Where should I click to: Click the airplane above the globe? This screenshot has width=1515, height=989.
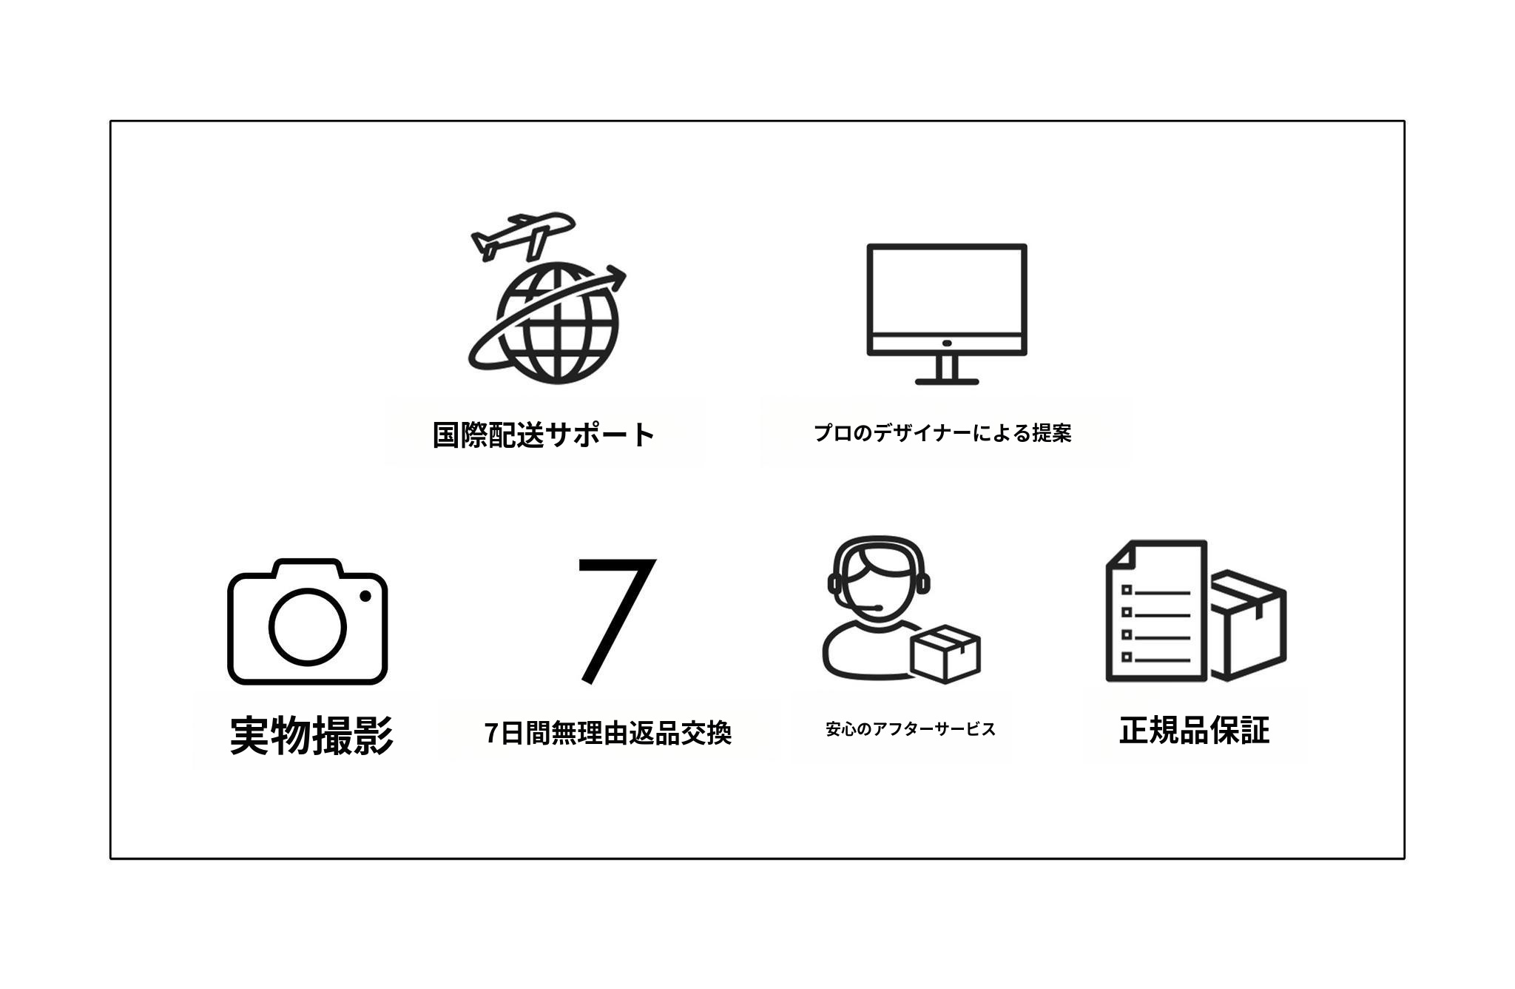pos(522,235)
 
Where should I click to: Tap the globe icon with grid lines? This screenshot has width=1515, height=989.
pos(557,323)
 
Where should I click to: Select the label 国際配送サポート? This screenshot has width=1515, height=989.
pos(544,435)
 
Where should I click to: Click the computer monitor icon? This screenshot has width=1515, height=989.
pos(947,314)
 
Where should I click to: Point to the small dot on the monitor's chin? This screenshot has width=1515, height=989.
pos(947,343)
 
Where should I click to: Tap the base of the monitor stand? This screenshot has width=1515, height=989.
pos(947,381)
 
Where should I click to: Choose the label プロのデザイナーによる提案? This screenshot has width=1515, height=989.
pos(942,433)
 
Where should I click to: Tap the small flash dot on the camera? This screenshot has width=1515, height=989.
pos(365,596)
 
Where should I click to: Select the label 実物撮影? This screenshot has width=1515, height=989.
pos(311,735)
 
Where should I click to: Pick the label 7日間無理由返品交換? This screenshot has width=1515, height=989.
pos(608,733)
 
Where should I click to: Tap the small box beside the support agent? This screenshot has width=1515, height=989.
pos(945,654)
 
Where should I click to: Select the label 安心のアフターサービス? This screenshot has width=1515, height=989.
pos(911,729)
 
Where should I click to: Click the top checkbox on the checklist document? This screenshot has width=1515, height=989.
pos(1127,590)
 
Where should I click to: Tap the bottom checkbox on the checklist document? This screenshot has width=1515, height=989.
pos(1127,657)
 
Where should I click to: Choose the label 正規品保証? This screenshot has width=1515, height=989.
pos(1195,730)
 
